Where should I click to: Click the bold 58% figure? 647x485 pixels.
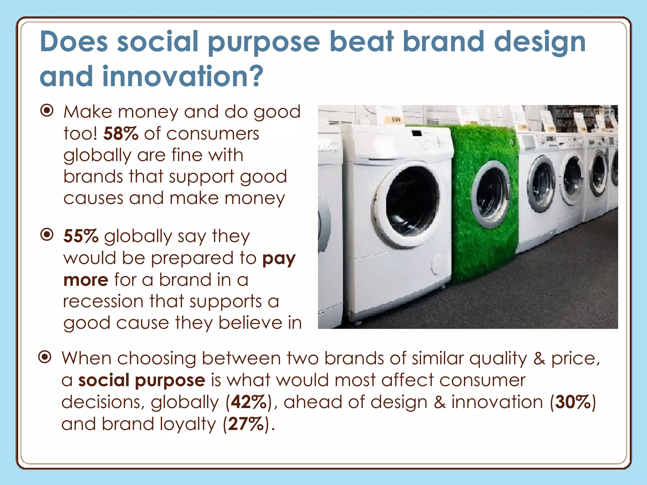pyautogui.click(x=121, y=134)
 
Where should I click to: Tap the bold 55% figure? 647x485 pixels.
pyautogui.click(x=81, y=236)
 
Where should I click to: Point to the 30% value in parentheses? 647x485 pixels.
pyautogui.click(x=573, y=402)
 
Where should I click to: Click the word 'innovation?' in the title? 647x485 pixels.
pyautogui.click(x=182, y=77)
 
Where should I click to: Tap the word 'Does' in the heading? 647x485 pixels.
pyautogui.click(x=74, y=42)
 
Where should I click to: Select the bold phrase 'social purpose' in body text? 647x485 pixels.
pyautogui.click(x=142, y=380)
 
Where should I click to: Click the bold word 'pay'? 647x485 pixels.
pyautogui.click(x=279, y=258)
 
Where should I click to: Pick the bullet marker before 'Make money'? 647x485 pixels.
pyautogui.click(x=47, y=111)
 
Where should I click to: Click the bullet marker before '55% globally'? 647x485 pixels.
pyautogui.click(x=47, y=235)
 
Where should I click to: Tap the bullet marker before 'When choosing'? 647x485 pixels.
pyautogui.click(x=45, y=357)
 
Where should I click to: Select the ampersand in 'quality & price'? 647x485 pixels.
pyautogui.click(x=539, y=359)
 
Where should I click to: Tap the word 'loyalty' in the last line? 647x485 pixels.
pyautogui.click(x=188, y=424)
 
